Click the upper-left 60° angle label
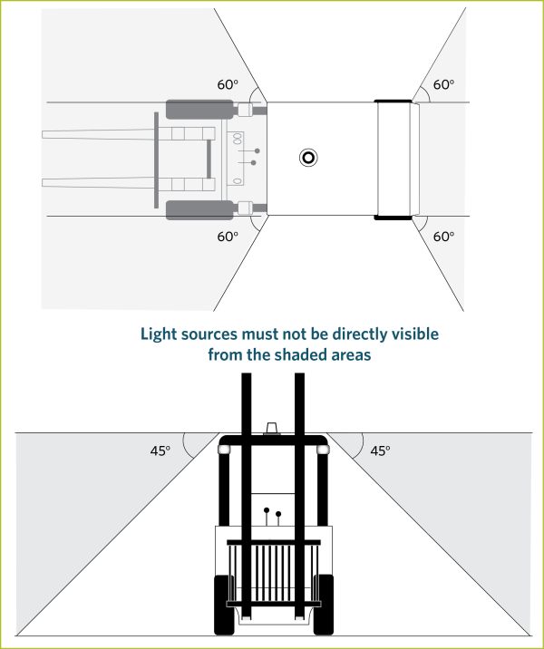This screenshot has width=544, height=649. (228, 84)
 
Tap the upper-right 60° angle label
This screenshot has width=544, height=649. (443, 84)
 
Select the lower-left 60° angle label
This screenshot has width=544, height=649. (228, 237)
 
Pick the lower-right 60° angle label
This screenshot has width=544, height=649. (443, 237)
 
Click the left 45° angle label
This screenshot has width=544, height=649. (160, 450)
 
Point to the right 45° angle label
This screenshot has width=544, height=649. (380, 450)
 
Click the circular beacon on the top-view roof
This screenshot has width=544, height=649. (308, 158)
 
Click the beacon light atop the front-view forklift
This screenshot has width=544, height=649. (272, 429)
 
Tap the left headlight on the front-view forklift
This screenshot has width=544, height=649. (224, 450)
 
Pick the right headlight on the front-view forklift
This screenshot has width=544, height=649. (323, 450)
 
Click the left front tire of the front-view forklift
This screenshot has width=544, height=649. (224, 605)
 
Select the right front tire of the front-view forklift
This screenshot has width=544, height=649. (324, 605)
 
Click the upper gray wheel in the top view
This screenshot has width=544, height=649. (199, 110)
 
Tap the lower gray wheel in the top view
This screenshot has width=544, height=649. (199, 210)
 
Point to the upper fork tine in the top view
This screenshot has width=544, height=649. (129, 134)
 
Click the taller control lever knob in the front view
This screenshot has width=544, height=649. (267, 510)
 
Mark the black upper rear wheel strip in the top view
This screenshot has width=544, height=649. (393, 101)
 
